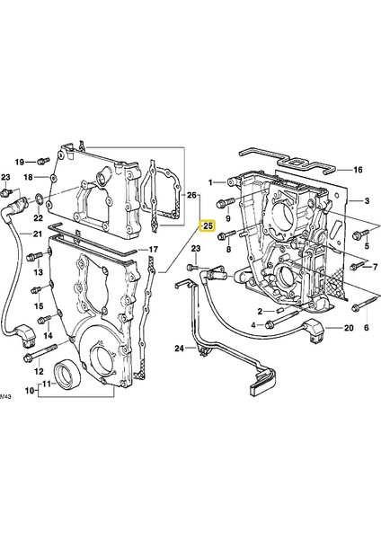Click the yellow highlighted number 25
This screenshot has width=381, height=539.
208,225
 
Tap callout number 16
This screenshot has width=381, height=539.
357,170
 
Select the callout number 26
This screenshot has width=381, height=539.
190,194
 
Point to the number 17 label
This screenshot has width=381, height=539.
154,250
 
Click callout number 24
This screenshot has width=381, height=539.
179,348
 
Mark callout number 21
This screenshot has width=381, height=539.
38,235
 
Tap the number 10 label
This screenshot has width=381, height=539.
29,391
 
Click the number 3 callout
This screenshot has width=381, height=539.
368,201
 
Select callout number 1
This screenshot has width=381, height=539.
213,183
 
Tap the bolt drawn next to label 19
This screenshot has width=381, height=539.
42,161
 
